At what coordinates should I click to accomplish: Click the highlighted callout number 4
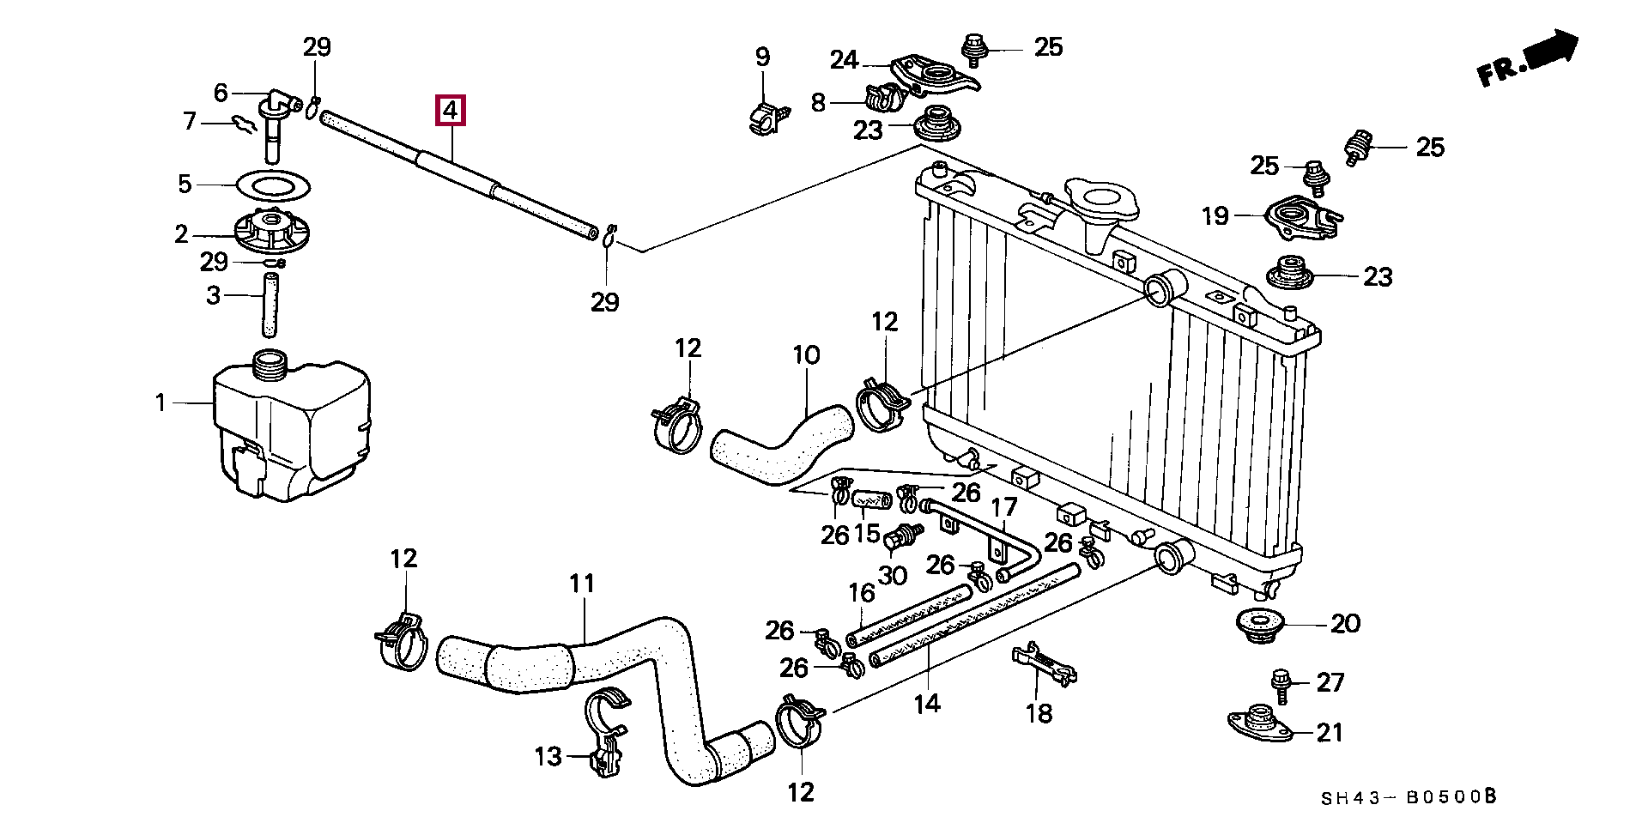point(451,110)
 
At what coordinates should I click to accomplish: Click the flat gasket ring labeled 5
point(272,185)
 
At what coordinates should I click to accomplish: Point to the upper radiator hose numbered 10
point(781,447)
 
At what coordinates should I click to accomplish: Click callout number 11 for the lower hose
point(582,584)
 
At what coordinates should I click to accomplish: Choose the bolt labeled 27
point(1281,686)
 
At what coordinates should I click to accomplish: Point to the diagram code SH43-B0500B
point(1409,797)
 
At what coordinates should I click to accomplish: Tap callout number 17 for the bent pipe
point(1004,507)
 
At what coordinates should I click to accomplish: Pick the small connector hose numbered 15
point(872,499)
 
